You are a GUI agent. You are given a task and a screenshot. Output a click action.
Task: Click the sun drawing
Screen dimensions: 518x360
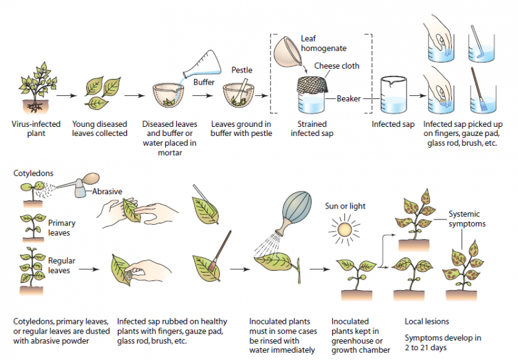(x=344, y=229)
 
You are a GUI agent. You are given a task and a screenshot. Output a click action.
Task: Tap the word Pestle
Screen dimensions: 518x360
(x=242, y=70)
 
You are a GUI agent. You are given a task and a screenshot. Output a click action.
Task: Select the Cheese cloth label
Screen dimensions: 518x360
(x=337, y=66)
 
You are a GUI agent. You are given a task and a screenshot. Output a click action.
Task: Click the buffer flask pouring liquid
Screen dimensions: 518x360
(x=203, y=64)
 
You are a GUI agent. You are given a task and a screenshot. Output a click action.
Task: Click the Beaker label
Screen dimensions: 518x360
(x=348, y=98)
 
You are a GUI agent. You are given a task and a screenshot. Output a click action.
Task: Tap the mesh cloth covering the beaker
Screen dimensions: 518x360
(x=312, y=85)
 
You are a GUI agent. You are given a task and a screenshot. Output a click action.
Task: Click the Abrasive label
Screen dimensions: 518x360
(x=107, y=191)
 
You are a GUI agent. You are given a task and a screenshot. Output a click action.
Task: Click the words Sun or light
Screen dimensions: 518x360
(x=345, y=206)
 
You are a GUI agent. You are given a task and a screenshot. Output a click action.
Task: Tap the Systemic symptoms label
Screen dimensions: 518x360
(x=467, y=219)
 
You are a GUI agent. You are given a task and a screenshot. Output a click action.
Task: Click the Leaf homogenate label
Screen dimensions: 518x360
(x=323, y=43)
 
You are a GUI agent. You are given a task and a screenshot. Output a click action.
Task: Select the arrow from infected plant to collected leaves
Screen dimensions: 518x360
(x=67, y=95)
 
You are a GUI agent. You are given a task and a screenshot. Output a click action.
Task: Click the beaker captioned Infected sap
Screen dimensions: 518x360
(x=393, y=95)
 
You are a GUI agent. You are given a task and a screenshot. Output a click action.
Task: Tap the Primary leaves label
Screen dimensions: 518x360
(x=62, y=228)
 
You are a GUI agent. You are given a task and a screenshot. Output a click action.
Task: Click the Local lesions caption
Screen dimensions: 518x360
(x=427, y=321)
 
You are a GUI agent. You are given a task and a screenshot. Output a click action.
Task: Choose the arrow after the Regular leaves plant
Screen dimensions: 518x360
(x=89, y=269)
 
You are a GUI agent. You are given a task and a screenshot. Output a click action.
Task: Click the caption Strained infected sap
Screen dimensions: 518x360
(x=312, y=128)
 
